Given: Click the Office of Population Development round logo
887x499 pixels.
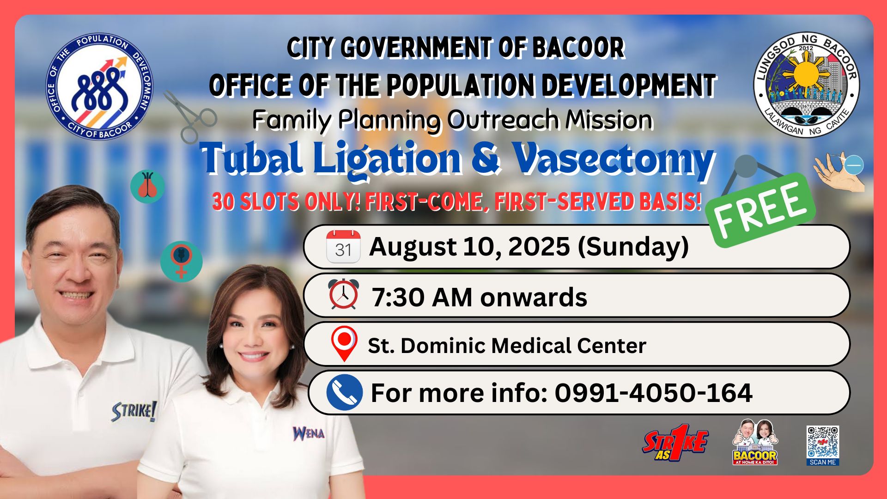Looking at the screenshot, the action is tap(99, 87).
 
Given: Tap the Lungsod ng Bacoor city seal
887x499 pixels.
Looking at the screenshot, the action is tap(807, 84).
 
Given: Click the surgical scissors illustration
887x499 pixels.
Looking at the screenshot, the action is tap(190, 116).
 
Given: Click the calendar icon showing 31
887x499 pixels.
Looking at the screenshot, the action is tap(343, 247).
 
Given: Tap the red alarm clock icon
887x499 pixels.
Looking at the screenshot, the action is tap(343, 294).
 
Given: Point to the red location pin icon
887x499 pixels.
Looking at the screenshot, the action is tap(344, 344).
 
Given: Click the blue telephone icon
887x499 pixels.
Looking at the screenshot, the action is tap(345, 392).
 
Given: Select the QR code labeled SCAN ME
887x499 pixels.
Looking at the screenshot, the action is tap(823, 445).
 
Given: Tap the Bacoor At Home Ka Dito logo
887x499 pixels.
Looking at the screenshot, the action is tap(755, 442).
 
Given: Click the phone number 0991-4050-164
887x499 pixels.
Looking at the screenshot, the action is tap(654, 393).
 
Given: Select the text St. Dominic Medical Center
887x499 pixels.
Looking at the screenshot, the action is tap(507, 345).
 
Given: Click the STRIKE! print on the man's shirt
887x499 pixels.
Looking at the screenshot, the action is tap(134, 411).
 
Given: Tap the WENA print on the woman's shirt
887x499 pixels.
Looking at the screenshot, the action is tap(308, 433).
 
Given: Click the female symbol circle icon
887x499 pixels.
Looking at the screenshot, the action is tap(182, 261).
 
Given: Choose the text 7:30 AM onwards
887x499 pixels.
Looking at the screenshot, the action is tap(480, 297).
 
